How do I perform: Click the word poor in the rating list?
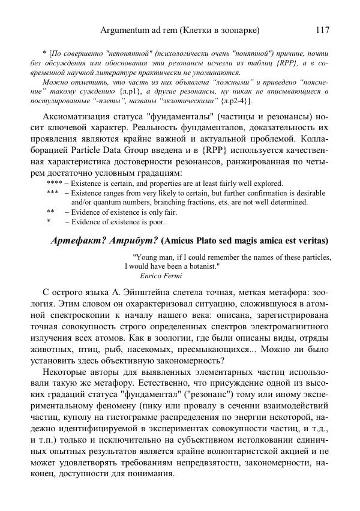157,222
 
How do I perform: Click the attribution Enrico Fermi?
160,276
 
